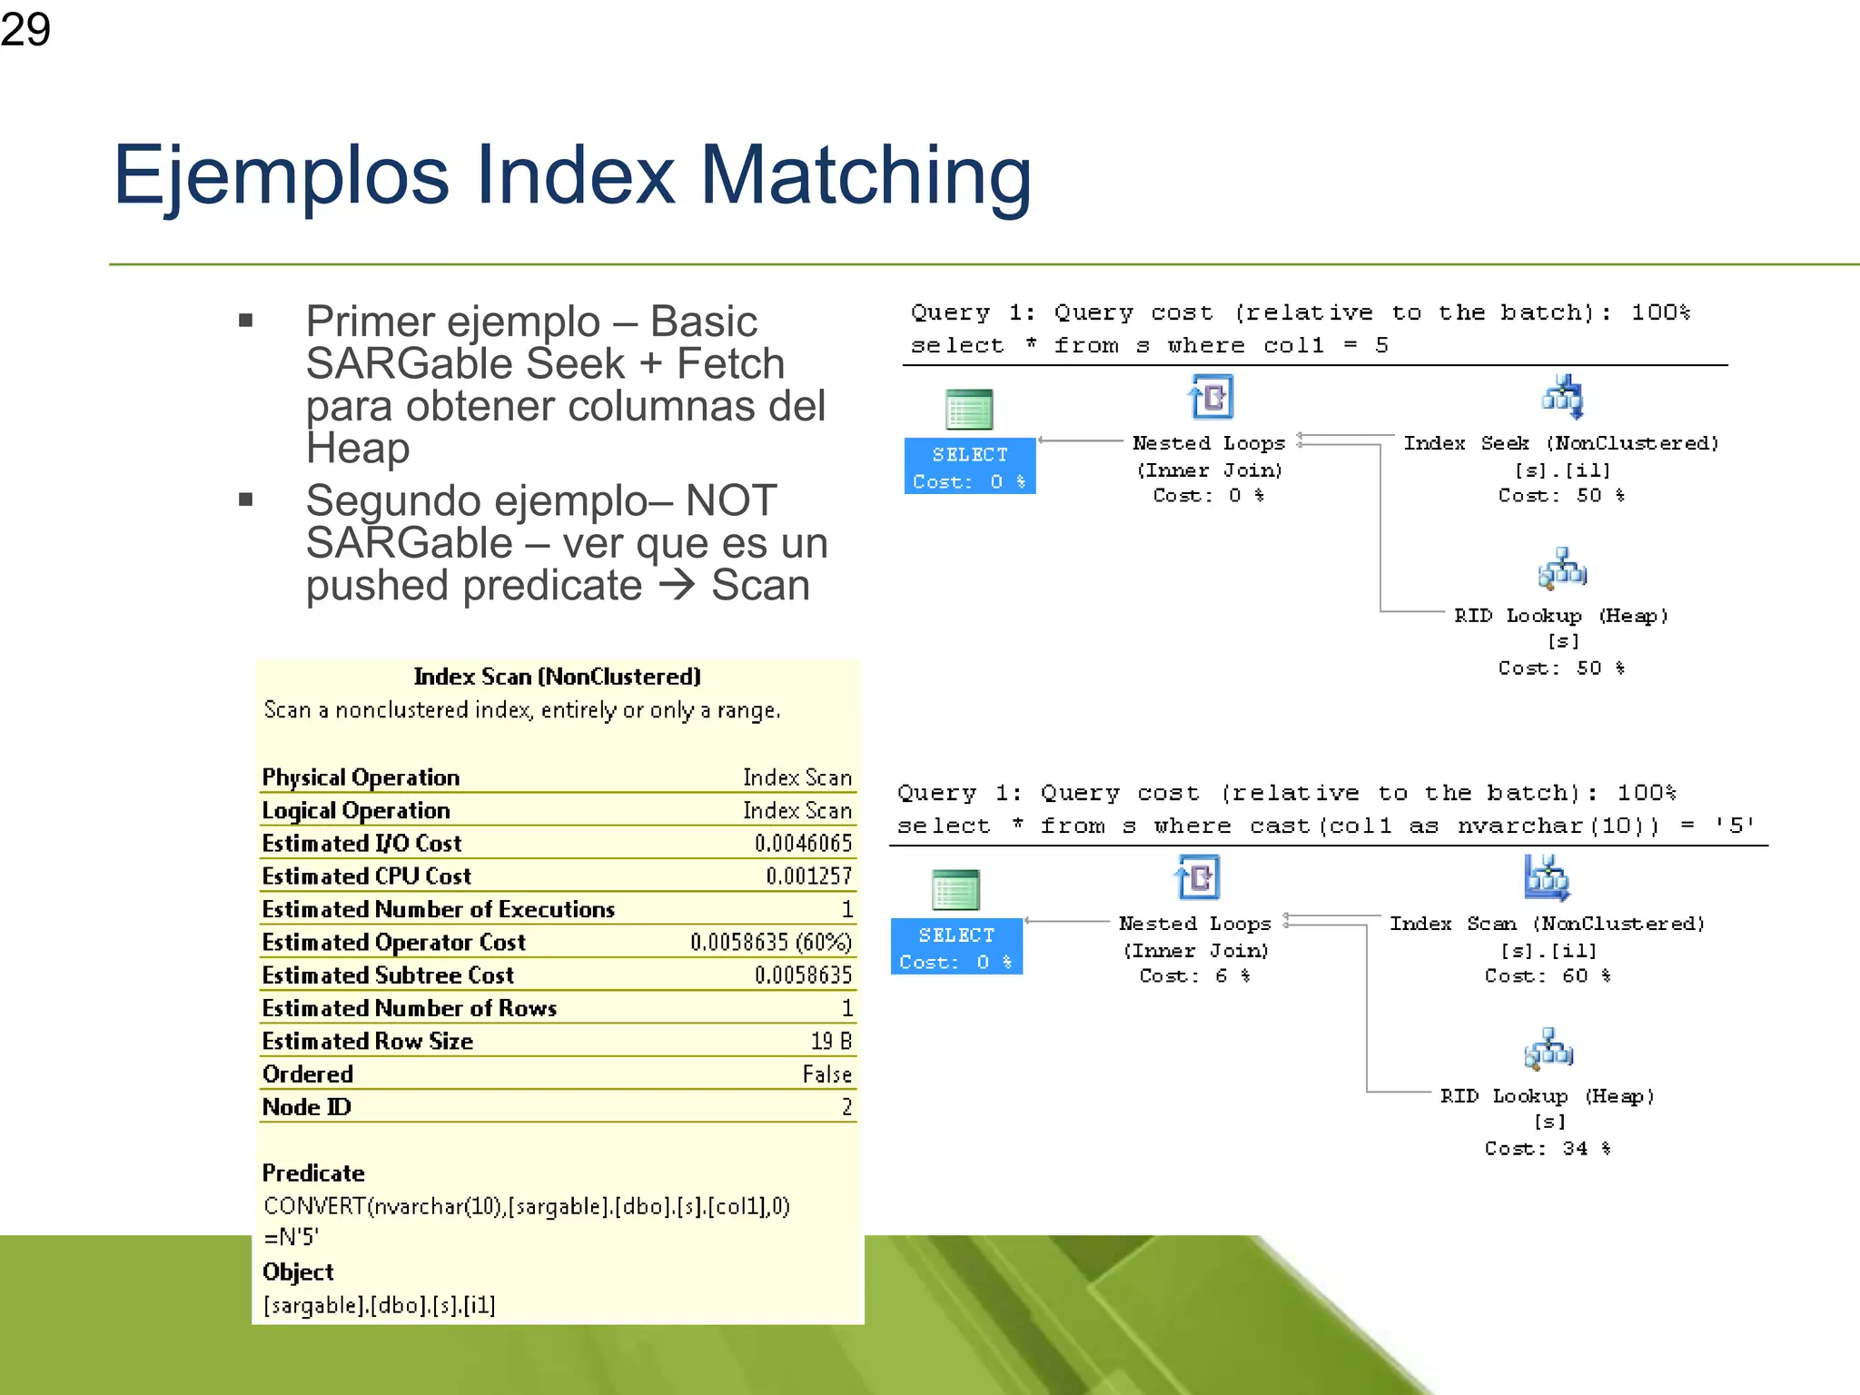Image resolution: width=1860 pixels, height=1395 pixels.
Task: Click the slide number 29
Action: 25,29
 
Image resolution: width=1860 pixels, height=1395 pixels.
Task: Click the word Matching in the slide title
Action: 866,175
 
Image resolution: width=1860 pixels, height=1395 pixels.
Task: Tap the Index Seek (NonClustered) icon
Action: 1562,397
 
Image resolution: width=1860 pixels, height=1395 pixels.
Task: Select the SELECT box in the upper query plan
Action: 970,467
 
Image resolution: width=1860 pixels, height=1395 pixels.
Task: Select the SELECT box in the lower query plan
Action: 956,947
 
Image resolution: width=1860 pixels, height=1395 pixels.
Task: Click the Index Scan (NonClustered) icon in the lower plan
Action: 1547,877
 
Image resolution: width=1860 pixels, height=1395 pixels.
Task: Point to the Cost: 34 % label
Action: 1548,1149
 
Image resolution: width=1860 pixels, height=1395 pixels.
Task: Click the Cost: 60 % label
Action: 1548,976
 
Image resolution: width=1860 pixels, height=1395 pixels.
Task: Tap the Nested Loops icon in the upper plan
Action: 1211,397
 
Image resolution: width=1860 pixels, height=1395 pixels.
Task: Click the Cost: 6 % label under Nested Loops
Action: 1195,976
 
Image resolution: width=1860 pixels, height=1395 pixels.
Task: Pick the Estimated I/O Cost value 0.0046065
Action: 803,844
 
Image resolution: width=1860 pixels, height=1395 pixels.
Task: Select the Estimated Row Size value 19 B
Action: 831,1042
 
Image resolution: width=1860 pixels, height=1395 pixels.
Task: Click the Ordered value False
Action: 826,1074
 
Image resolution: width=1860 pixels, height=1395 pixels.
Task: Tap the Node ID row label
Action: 306,1107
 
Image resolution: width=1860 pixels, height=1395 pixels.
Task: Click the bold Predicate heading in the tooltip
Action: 313,1173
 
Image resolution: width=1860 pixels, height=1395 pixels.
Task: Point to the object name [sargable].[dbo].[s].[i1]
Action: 380,1305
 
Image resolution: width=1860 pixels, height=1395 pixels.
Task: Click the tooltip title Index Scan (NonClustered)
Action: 557,677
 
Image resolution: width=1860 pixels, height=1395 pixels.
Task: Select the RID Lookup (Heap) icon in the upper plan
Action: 1562,569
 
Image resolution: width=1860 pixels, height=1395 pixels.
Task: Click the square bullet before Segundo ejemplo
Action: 245,500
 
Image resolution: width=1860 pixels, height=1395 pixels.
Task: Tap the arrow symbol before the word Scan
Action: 677,585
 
